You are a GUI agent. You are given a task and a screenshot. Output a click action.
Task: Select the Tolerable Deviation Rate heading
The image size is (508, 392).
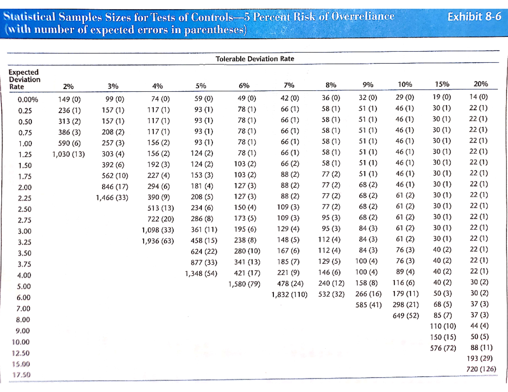click(254, 59)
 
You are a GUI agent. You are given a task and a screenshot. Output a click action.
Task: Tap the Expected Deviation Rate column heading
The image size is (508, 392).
click(25, 79)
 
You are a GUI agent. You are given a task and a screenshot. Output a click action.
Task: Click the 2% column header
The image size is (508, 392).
click(68, 86)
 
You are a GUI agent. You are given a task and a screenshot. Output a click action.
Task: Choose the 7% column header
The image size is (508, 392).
click(289, 86)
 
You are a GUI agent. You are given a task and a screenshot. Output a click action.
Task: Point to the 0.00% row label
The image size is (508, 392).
click(28, 100)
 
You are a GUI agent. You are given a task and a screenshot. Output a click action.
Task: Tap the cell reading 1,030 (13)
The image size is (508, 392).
click(68, 154)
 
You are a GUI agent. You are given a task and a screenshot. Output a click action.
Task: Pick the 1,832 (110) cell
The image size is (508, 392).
click(289, 294)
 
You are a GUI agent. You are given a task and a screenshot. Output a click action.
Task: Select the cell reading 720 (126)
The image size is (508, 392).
click(481, 369)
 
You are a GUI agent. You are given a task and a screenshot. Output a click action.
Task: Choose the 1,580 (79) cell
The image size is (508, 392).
click(244, 284)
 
